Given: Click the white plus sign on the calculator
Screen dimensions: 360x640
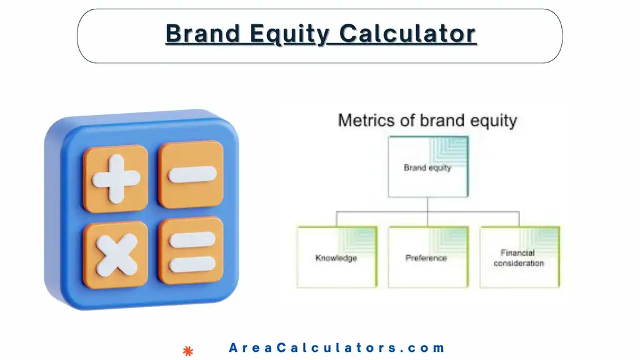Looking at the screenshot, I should [115, 178].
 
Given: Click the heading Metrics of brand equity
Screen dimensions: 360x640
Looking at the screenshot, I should [427, 120].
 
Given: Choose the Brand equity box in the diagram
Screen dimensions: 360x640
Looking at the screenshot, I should [427, 167].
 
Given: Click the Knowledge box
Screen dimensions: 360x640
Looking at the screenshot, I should [336, 257].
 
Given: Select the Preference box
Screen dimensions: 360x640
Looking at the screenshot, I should [427, 257].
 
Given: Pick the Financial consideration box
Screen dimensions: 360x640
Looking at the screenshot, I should [519, 257].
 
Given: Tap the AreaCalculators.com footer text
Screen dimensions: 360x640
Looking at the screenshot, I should [337, 348].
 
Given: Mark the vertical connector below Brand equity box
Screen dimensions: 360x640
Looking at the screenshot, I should [427, 204].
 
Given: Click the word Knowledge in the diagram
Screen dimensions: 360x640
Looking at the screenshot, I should [336, 258].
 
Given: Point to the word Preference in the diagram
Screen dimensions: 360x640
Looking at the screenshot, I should [426, 258].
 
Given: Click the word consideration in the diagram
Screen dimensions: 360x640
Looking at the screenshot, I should [519, 263].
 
